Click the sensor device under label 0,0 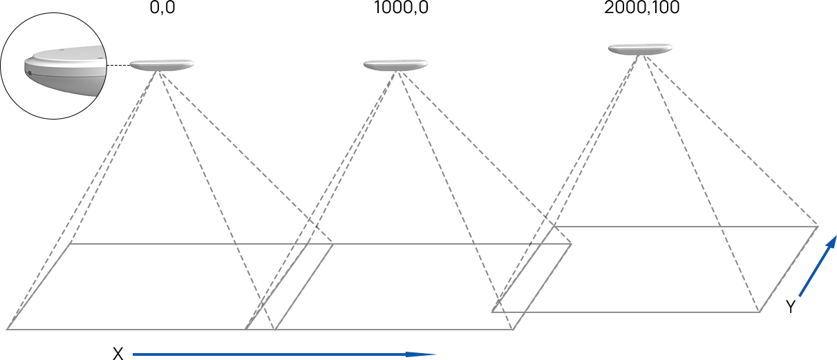(162, 65)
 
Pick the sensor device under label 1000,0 (395, 65)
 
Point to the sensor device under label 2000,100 (640, 49)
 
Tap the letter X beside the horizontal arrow (118, 354)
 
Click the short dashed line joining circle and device (118, 66)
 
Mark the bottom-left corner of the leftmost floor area (8, 330)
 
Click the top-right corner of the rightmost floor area (818, 226)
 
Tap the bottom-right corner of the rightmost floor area (760, 312)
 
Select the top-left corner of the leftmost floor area (71, 244)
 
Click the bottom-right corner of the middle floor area (513, 330)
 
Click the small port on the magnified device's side (29, 73)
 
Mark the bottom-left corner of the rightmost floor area (492, 312)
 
